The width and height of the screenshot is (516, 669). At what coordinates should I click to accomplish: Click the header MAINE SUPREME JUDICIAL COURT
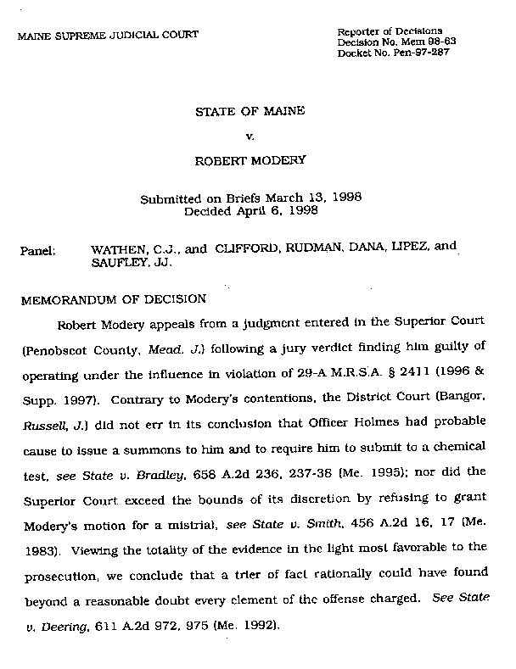[x=107, y=35]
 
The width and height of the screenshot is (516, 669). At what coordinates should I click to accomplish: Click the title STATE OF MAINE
[x=251, y=112]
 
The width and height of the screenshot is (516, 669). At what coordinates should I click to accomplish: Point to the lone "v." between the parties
[x=250, y=136]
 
